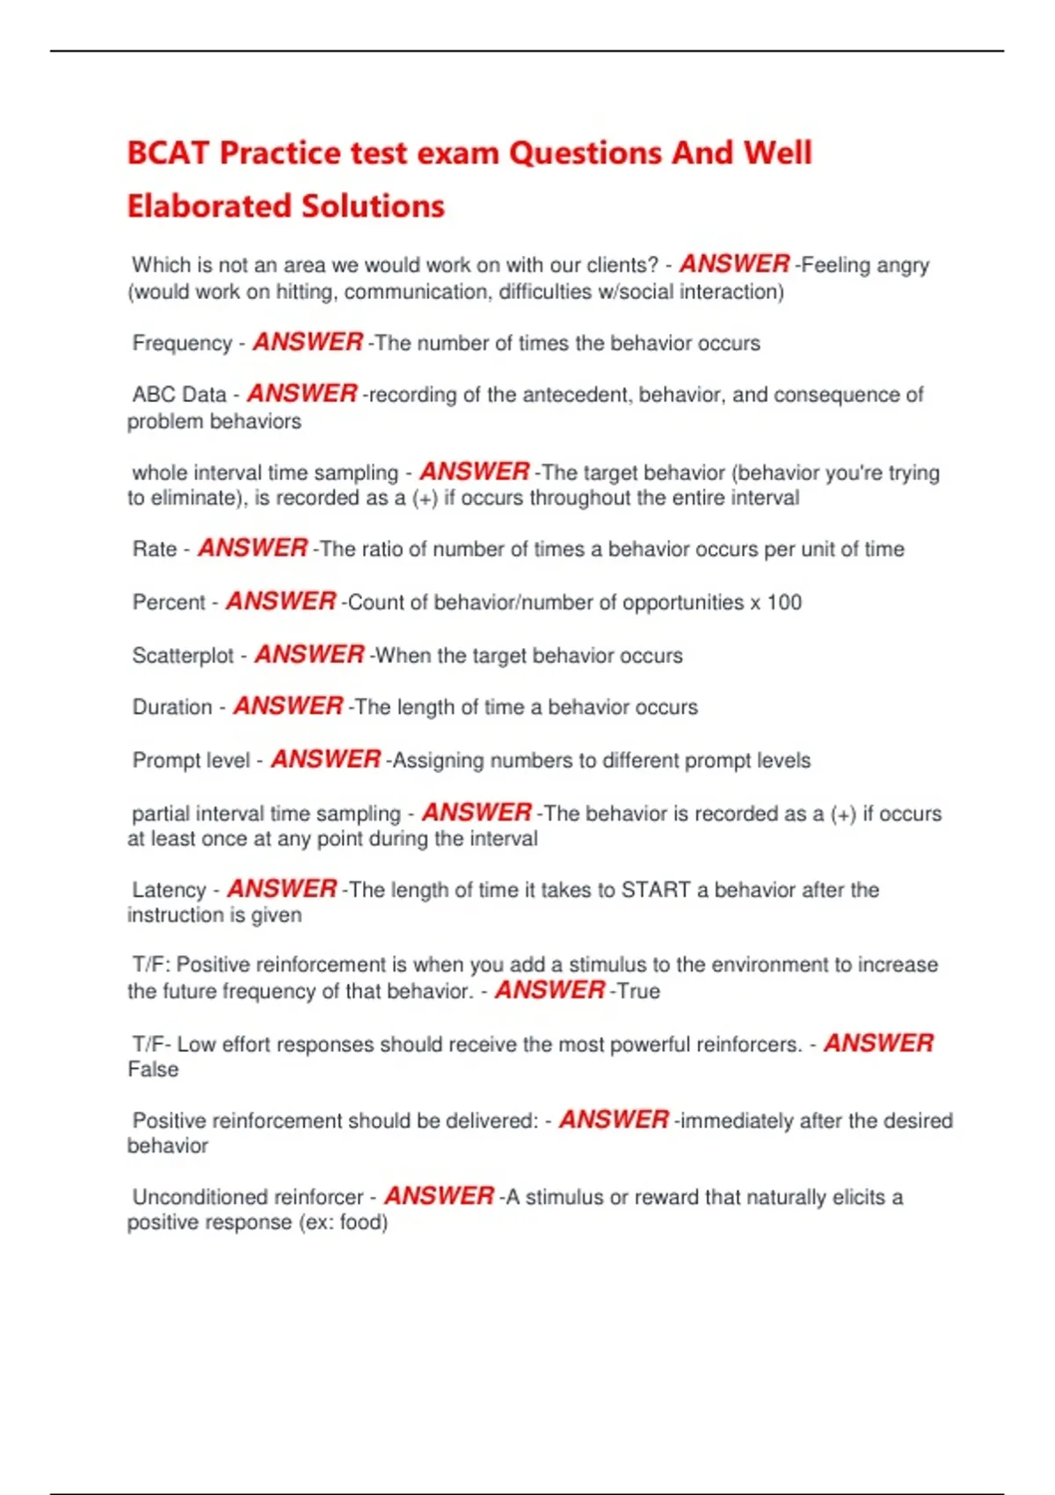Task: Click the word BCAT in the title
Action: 168,153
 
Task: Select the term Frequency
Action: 182,343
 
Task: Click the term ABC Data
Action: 179,395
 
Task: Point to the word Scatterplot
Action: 183,656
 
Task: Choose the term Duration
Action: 172,708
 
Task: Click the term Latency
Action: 169,890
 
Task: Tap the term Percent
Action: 169,602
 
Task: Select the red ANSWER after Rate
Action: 252,549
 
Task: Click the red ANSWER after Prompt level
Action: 325,760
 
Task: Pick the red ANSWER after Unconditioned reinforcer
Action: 439,1197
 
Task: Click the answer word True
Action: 638,991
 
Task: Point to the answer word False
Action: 153,1069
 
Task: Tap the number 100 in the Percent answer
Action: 783,602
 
